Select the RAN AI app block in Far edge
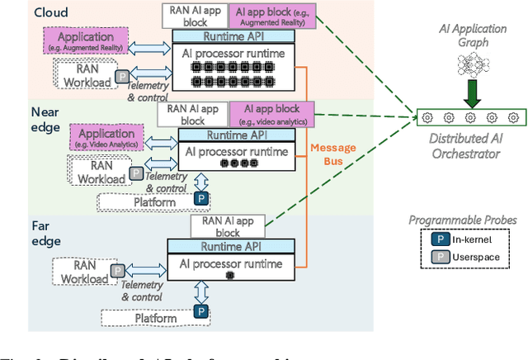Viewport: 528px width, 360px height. [x=226, y=225]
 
